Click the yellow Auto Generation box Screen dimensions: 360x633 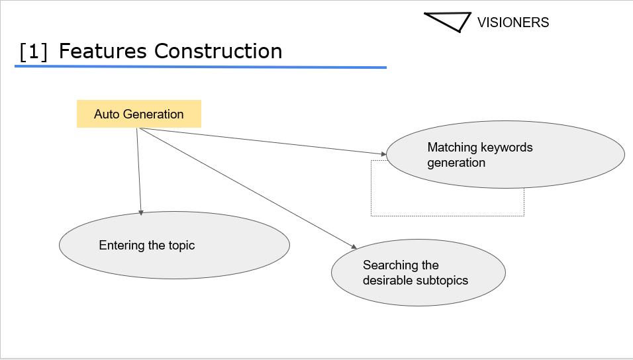click(x=138, y=114)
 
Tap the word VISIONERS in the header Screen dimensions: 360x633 click(x=512, y=22)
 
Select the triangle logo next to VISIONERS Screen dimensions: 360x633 click(x=448, y=21)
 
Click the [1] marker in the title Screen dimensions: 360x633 click(x=34, y=52)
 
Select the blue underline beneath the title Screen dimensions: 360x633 click(x=200, y=67)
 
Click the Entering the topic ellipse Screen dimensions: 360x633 click(x=174, y=245)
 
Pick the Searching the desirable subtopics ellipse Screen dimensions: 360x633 click(x=418, y=273)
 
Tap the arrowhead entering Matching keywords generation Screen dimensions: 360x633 click(x=383, y=154)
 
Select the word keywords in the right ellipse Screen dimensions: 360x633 click(x=507, y=147)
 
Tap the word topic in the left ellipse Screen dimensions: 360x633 click(x=181, y=246)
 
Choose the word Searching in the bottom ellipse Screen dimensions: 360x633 click(x=391, y=265)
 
